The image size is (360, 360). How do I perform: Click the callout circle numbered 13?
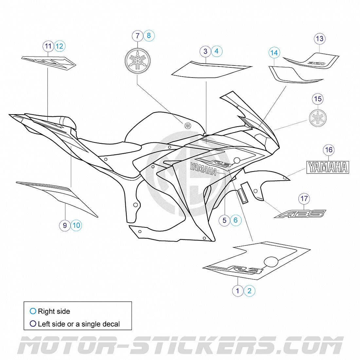pyautogui.click(x=319, y=39)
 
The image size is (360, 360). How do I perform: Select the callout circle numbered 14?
pyautogui.click(x=274, y=53)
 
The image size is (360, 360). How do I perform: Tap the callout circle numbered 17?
pyautogui.click(x=304, y=198)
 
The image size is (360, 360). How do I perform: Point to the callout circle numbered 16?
pyautogui.click(x=328, y=150)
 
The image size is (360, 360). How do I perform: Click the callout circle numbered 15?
pyautogui.click(x=317, y=99)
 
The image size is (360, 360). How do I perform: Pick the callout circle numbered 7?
pyautogui.click(x=137, y=36)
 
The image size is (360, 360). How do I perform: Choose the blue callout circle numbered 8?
pyautogui.click(x=149, y=35)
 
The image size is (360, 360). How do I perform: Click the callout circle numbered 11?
pyautogui.click(x=48, y=46)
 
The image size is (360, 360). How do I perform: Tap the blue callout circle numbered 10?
pyautogui.click(x=76, y=225)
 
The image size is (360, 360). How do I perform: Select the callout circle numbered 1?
pyautogui.click(x=238, y=291)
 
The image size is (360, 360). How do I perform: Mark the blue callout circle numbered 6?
pyautogui.click(x=236, y=220)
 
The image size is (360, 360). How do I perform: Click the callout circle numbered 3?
pyautogui.click(x=205, y=51)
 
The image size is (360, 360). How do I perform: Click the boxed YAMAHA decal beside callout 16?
pyautogui.click(x=328, y=167)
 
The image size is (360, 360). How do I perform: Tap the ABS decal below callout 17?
pyautogui.click(x=300, y=214)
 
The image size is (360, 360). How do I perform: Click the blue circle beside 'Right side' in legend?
pyautogui.click(x=33, y=311)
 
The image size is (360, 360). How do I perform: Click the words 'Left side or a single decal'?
pyautogui.click(x=79, y=324)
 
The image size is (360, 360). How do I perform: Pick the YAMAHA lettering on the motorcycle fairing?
pyautogui.click(x=203, y=170)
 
